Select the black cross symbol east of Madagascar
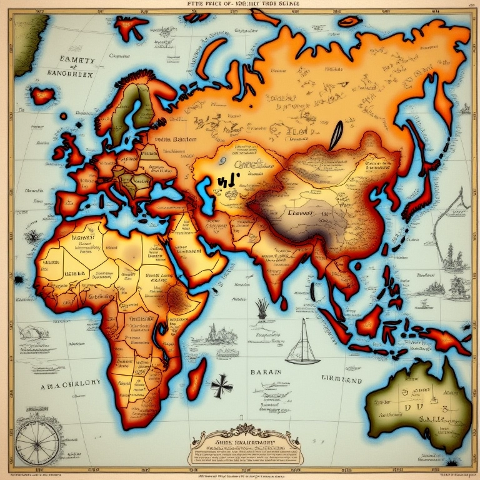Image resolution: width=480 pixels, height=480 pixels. pyautogui.click(x=221, y=386)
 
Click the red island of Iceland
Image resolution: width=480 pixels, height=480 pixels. pyautogui.click(x=42, y=96)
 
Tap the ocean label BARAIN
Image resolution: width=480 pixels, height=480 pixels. pyautogui.click(x=267, y=371)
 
